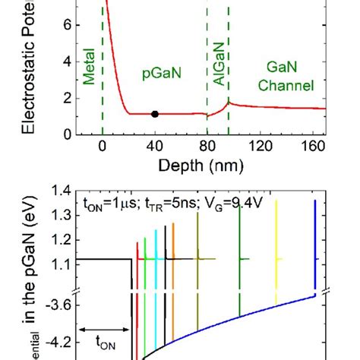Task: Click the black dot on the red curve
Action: point(155,114)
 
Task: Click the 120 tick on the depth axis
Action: point(262,147)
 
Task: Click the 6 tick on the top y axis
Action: point(66,24)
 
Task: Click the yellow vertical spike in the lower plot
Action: point(276,251)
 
